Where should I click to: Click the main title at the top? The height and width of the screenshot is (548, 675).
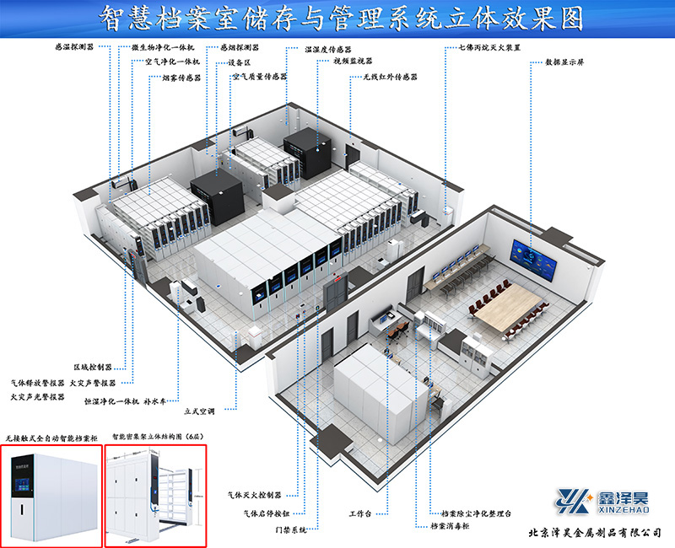point(337,18)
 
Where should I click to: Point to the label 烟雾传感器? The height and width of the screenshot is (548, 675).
point(176,78)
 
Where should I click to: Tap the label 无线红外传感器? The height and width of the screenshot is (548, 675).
point(391,77)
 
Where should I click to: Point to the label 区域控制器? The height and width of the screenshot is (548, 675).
point(92,368)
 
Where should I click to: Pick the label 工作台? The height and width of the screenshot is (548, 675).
point(360,513)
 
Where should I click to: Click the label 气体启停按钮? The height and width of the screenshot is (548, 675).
point(267,513)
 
